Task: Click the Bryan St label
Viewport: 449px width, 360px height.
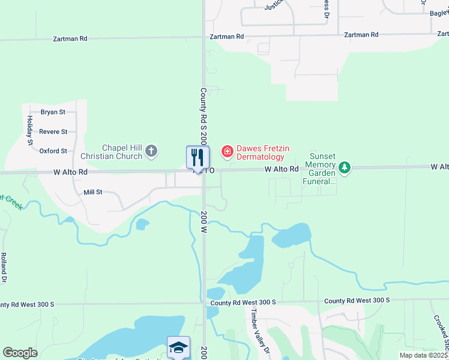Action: (x=52, y=112)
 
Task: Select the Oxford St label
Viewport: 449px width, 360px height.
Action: (x=53, y=151)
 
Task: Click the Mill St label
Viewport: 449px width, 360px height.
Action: (x=93, y=193)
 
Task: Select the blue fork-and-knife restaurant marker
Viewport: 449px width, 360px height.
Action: (x=198, y=158)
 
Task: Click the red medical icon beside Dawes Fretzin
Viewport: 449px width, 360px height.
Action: (x=228, y=151)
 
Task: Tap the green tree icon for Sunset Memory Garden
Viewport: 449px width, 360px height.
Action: (x=344, y=167)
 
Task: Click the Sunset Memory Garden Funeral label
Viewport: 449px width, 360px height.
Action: (x=319, y=168)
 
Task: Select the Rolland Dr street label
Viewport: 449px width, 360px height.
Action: (x=4, y=267)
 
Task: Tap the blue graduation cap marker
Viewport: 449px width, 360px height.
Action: (x=178, y=347)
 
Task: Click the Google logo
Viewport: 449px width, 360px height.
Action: (x=20, y=353)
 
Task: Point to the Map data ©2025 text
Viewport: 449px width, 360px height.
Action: (x=423, y=355)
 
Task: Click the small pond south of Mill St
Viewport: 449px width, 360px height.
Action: (x=142, y=224)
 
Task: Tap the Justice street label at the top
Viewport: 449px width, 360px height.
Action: (x=274, y=6)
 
